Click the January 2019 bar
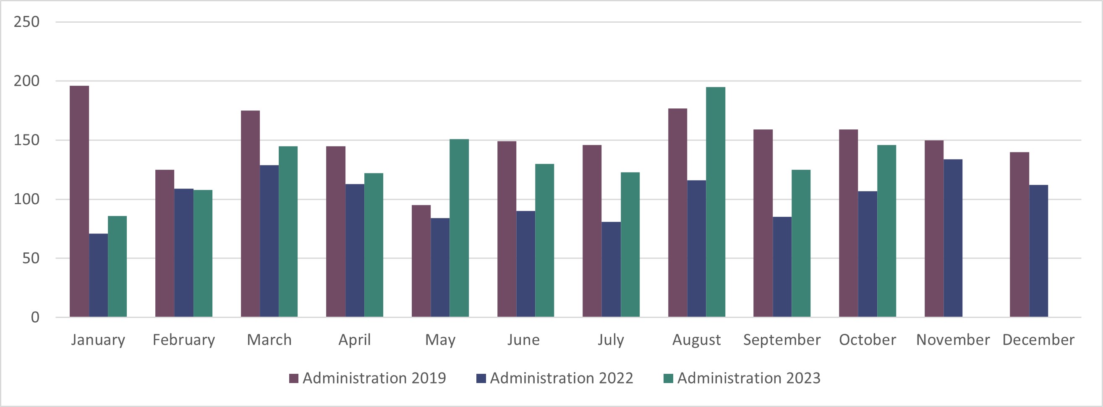[x=79, y=201]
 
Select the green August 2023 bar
[x=716, y=202]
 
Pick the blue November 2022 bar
[x=953, y=238]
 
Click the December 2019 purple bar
[x=1019, y=234]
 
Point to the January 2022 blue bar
[x=98, y=275]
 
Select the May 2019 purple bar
[x=421, y=261]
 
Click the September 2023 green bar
[x=801, y=243]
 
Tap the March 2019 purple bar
[x=250, y=214]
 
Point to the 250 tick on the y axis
[x=26, y=22]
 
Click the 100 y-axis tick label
[x=26, y=199]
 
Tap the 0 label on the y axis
[x=35, y=318]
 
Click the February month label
[x=184, y=340]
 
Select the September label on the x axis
[x=782, y=340]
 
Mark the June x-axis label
[x=523, y=340]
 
